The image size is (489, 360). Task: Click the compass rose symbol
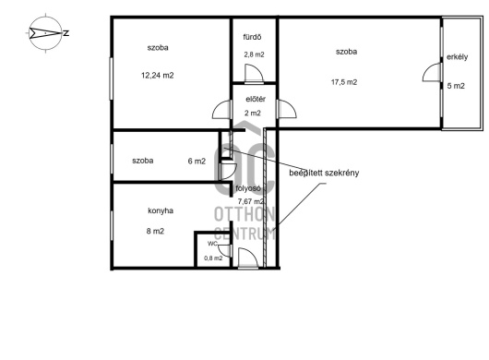click(x=45, y=33)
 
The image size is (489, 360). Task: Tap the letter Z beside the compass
click(x=66, y=33)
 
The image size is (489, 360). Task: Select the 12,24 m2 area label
click(x=158, y=75)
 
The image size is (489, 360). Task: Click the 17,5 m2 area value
click(x=344, y=82)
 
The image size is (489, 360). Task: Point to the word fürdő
click(x=252, y=37)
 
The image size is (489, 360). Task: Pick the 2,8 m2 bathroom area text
click(x=254, y=54)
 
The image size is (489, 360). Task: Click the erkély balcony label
click(x=458, y=57)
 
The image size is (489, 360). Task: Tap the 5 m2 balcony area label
click(x=456, y=86)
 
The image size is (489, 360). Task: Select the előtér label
click(x=256, y=99)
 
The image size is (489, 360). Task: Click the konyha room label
click(x=161, y=210)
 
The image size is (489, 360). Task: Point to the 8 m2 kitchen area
click(x=155, y=231)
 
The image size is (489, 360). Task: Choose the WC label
click(x=212, y=244)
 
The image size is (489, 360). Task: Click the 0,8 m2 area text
click(x=213, y=258)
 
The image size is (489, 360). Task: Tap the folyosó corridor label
click(x=248, y=188)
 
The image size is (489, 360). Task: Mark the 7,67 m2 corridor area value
click(x=251, y=201)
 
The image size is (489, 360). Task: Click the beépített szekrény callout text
click(x=324, y=173)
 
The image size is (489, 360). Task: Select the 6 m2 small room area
click(x=197, y=161)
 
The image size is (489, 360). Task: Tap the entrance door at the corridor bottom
click(x=248, y=258)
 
